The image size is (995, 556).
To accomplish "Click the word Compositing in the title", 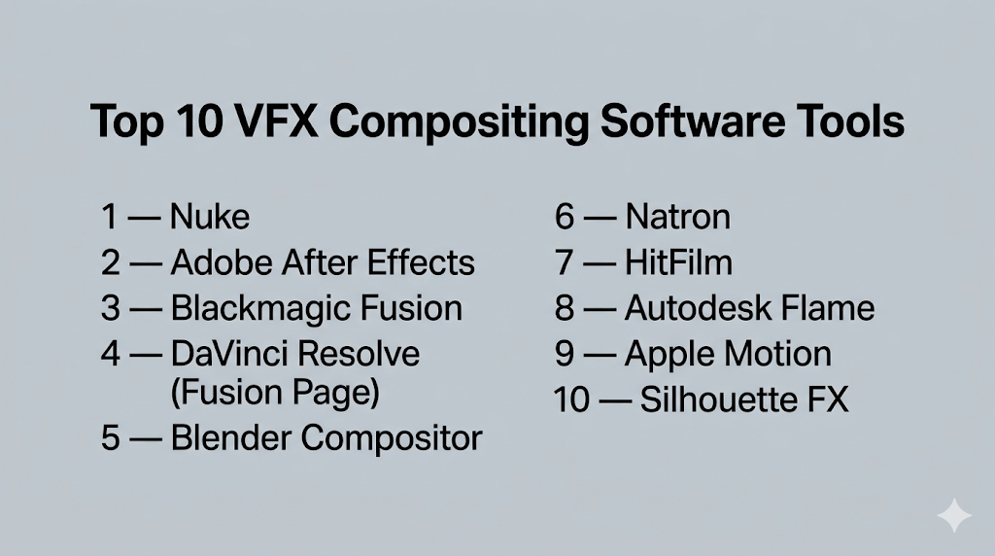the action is coord(459,123).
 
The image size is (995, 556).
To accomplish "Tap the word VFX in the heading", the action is coord(275,121).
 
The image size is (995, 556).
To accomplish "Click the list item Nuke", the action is coord(210,217).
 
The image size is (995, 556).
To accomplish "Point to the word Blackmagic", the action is coord(260,309).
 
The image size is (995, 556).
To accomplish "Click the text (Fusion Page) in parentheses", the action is coord(275,393).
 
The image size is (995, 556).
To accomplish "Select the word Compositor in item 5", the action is coord(392,439).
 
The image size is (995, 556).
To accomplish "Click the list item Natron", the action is coord(677,217).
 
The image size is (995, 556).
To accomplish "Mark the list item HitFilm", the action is coord(678,262).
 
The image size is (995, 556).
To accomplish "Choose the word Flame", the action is coord(828,308).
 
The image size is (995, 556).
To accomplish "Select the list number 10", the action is coord(571,400).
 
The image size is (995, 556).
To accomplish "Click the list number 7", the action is coord(565,262).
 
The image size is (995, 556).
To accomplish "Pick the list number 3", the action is coord(110,308).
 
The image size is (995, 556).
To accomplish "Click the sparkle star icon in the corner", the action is coord(954,515).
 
